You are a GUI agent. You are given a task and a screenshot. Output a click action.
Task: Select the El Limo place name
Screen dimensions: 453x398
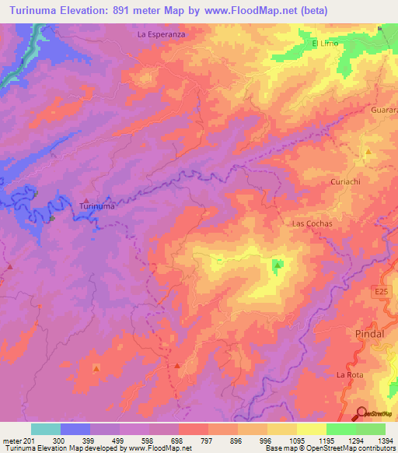tap(326, 44)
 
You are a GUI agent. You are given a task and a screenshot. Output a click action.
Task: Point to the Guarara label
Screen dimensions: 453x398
tap(383, 111)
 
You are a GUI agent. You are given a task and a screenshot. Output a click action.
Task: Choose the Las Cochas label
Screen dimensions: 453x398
tap(312, 223)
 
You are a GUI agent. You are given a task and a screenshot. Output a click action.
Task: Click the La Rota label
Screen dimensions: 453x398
tap(349, 375)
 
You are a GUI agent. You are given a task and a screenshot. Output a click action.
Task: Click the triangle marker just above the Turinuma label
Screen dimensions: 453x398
tap(86, 198)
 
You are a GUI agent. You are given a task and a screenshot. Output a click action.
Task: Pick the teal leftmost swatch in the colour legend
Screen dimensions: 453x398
tap(45, 429)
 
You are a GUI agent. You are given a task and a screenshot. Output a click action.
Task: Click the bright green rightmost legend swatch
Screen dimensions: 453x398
tap(370, 429)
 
